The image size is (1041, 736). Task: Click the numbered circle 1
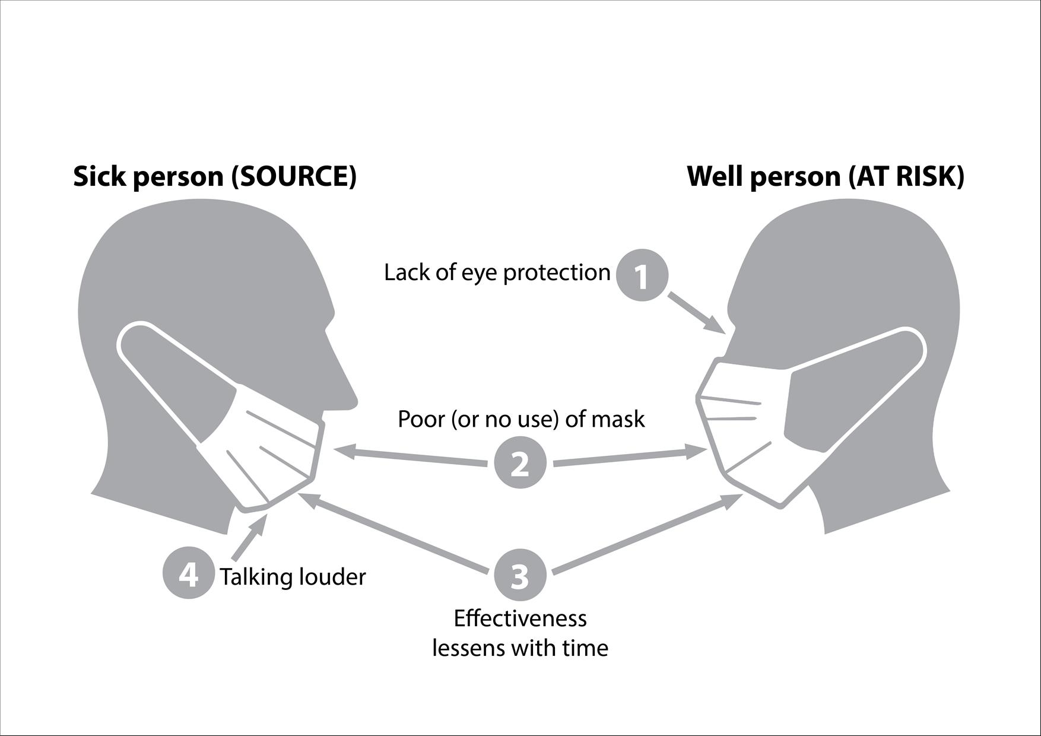pos(642,275)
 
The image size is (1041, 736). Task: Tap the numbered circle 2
pos(520,463)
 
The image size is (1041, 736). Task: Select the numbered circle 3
pos(520,575)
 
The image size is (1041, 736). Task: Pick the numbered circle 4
pos(189,575)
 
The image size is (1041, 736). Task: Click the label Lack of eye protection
pos(497,273)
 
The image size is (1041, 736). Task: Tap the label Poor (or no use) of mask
pos(521,419)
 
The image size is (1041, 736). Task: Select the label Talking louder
pos(293,577)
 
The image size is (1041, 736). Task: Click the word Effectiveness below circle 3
pos(520,618)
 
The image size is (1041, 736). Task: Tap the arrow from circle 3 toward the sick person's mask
pos(398,534)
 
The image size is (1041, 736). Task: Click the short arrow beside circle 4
pos(248,537)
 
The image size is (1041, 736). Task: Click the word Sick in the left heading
pos(96,177)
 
